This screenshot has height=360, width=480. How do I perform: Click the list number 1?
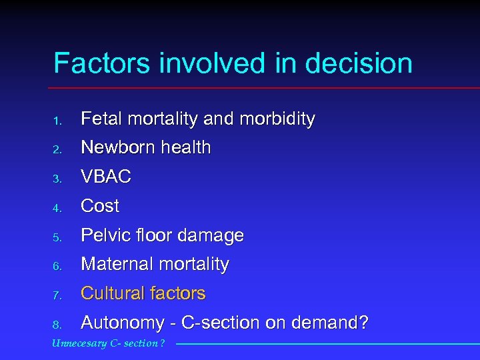click(58, 121)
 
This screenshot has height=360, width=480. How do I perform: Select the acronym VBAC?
click(106, 177)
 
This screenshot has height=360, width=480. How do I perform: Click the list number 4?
click(58, 208)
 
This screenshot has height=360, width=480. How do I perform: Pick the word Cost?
click(100, 207)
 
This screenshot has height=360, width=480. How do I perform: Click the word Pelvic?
click(102, 235)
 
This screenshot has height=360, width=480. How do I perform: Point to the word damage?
click(214, 236)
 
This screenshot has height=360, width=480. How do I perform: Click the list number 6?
click(58, 267)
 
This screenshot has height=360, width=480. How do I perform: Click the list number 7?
click(58, 295)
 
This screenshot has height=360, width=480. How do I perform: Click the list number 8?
click(58, 325)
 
